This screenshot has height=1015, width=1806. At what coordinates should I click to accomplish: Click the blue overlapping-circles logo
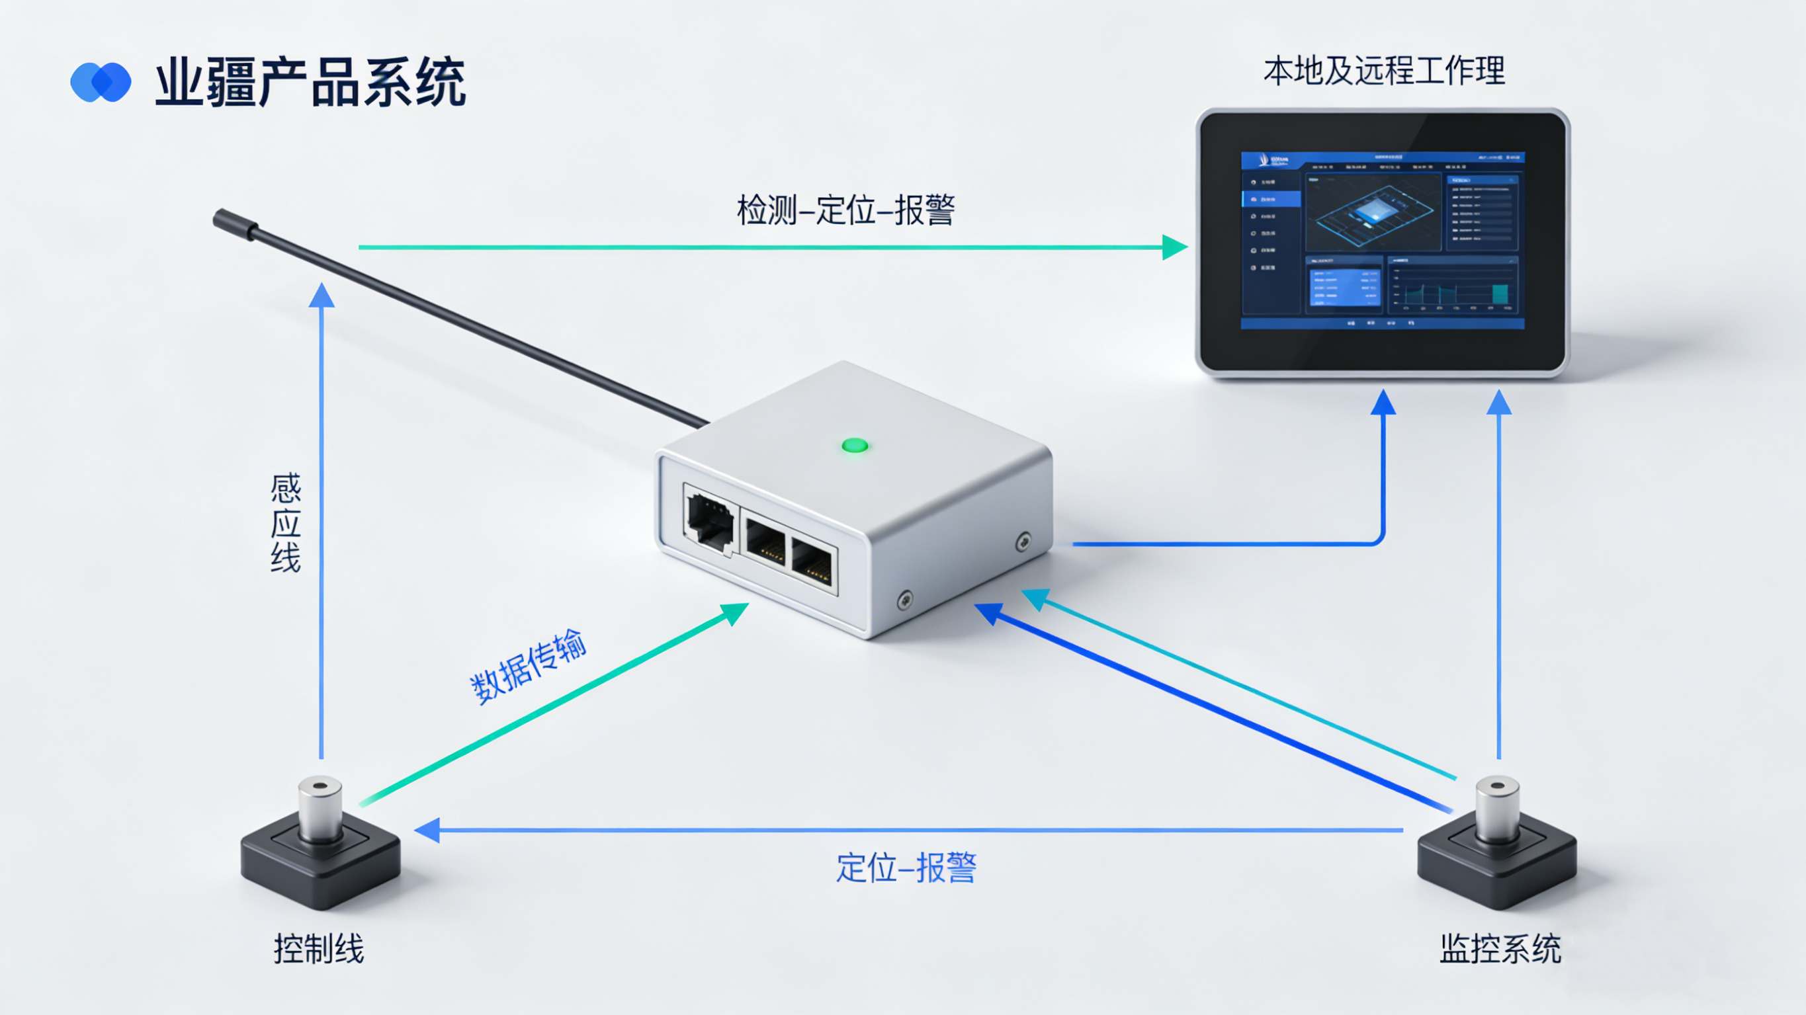(x=101, y=83)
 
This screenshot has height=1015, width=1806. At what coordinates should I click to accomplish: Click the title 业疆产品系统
(x=310, y=83)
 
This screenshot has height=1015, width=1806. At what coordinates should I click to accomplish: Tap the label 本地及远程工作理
(x=1384, y=71)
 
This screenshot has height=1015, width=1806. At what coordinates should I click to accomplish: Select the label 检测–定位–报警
(x=845, y=210)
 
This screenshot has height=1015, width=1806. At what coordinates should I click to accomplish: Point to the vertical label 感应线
(x=285, y=523)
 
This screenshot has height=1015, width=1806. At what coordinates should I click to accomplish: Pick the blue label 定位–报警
(x=906, y=868)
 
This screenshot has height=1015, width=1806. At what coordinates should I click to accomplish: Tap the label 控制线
(x=319, y=949)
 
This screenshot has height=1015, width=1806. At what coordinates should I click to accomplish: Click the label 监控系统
(x=1500, y=949)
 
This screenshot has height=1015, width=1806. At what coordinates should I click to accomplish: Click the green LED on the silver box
(x=855, y=445)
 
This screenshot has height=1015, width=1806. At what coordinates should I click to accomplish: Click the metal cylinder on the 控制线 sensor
(x=320, y=806)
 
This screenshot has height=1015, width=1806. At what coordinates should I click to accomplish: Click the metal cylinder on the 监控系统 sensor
(x=1498, y=806)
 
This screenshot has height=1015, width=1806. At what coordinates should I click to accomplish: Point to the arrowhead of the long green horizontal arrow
(x=1174, y=247)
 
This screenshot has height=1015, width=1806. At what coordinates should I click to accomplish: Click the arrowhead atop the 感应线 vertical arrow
(x=322, y=296)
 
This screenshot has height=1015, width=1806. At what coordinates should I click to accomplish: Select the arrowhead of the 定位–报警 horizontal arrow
(x=427, y=830)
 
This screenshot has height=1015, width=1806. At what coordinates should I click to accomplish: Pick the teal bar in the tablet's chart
(x=1500, y=294)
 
